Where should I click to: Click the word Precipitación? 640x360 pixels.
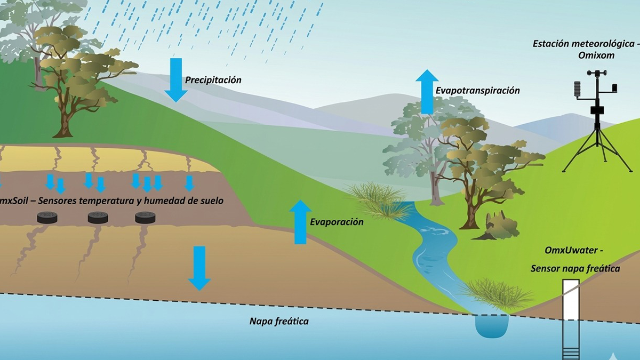point(213,80)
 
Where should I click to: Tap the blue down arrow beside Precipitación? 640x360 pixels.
point(176,79)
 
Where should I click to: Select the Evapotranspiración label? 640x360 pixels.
point(477,91)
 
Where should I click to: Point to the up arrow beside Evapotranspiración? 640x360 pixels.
point(427,92)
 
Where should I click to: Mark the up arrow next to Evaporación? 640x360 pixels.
point(300,222)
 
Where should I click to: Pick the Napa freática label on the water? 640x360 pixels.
point(279,322)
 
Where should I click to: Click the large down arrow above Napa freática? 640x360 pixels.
point(199,268)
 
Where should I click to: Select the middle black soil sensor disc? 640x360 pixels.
point(98,217)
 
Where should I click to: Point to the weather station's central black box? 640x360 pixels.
point(596,110)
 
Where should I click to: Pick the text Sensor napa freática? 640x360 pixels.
point(575,269)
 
